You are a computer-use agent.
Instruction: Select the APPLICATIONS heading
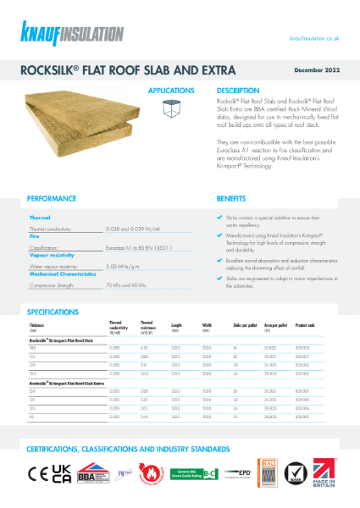pos(171,89)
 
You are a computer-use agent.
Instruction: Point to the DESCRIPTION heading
pos(238,89)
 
